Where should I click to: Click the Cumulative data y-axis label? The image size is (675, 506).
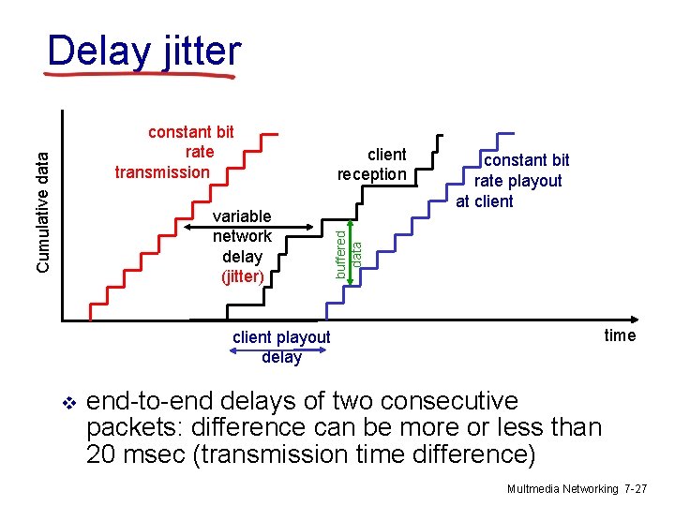43,201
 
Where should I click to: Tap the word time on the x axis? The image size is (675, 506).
620,335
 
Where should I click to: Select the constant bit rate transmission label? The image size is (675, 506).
174,152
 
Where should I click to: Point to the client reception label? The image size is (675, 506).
373,164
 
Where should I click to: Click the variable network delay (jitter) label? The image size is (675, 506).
242,246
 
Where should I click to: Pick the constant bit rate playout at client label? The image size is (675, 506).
514,181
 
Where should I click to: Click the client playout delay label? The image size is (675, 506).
281,347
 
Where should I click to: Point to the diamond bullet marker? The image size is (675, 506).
67,403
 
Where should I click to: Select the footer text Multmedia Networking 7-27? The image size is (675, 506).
576,489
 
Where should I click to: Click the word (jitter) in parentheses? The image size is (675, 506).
242,276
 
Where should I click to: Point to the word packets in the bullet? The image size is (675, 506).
128,428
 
